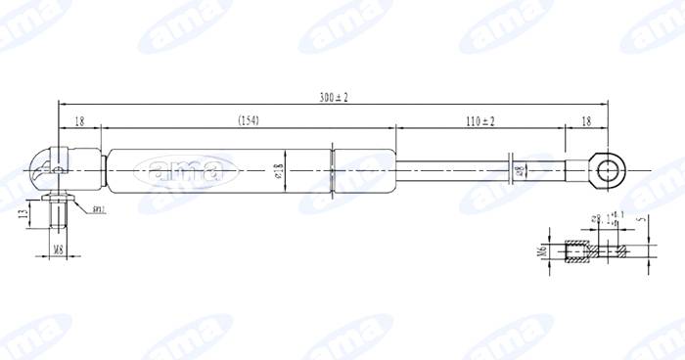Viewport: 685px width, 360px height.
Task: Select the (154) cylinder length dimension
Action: click(x=248, y=120)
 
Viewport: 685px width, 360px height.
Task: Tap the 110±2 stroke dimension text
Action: click(x=479, y=120)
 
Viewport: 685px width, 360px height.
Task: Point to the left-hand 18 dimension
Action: click(x=79, y=120)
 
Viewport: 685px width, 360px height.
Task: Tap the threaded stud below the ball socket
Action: click(x=58, y=209)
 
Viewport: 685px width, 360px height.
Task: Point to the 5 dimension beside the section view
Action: click(x=643, y=220)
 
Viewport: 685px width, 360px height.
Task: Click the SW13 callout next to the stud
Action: click(x=98, y=209)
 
